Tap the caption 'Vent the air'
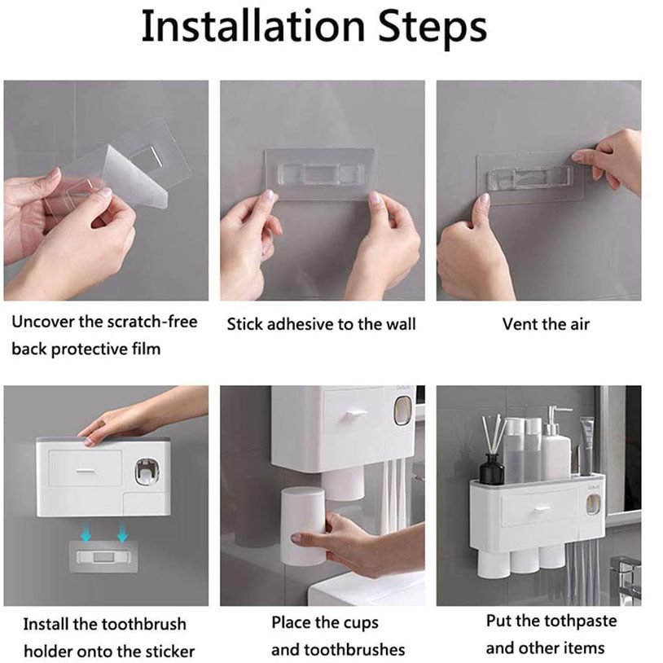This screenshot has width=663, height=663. (x=546, y=324)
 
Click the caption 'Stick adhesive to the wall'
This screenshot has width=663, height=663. (x=321, y=324)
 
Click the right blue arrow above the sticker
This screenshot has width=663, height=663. (x=123, y=533)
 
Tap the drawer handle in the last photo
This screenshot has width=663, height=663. (x=538, y=509)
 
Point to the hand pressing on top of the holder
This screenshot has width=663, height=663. (x=122, y=423)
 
